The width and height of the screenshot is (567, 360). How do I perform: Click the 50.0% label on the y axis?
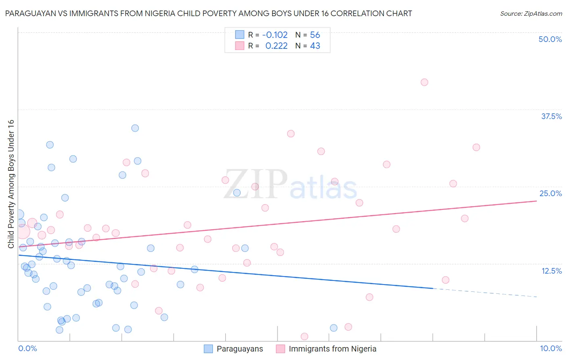pos(550,39)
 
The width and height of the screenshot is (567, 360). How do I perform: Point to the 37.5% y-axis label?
pos(551,116)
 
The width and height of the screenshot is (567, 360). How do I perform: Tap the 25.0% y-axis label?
pos(550,193)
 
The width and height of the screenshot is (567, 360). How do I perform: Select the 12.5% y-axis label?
pos(551,271)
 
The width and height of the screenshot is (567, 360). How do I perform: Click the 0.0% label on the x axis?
pos(27,348)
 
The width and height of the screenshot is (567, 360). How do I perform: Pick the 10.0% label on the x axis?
pos(550,348)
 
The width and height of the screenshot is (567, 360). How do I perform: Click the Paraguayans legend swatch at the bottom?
pos(208,349)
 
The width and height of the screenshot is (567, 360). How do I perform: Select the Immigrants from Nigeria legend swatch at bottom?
pos(280,349)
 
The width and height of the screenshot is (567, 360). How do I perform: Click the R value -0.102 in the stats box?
pos(275,35)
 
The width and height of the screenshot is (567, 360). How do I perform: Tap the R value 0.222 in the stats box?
pos(276,46)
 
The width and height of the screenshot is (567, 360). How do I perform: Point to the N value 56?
pos(315,35)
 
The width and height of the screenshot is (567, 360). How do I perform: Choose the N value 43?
pos(315,46)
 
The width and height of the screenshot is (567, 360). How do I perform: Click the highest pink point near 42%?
pos(424,82)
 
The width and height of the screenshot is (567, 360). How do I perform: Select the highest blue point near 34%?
pos(135,128)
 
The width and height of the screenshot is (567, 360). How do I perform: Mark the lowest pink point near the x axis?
pos(304,337)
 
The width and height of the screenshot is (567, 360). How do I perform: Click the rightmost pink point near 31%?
pos(476,147)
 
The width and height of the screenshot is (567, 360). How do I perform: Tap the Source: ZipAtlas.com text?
pos(531,14)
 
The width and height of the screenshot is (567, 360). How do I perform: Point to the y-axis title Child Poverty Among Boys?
pos(11,184)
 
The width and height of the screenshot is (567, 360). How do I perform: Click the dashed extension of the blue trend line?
pos(484,293)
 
